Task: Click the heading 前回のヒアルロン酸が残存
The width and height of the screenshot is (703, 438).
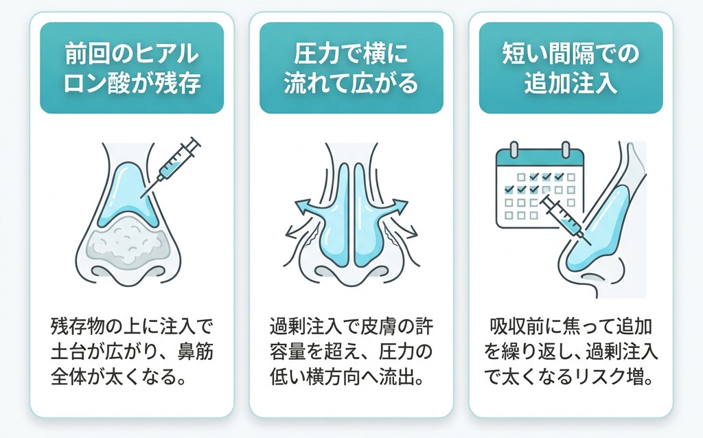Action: (x=132, y=68)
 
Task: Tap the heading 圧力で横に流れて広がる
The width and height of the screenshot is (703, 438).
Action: (x=351, y=68)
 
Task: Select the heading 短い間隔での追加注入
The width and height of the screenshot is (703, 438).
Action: (x=571, y=68)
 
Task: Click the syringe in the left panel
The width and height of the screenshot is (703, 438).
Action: (x=171, y=166)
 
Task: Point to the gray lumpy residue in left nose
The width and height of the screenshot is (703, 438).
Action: (x=129, y=242)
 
